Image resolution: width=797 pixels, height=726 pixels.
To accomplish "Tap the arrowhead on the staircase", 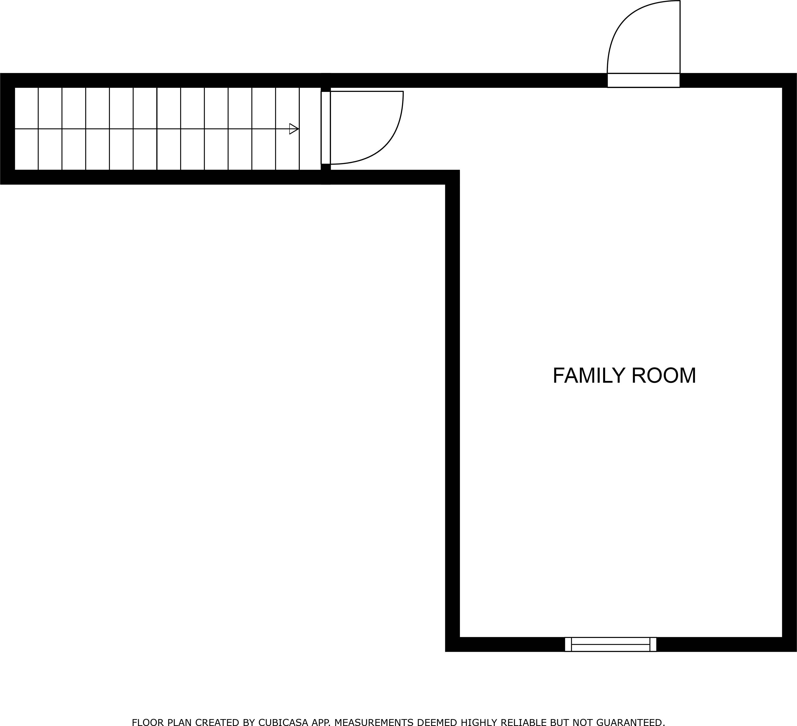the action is (x=294, y=129).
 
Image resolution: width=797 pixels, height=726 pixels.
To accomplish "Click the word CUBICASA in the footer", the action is (x=283, y=712).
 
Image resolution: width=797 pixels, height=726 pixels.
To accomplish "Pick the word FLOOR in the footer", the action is (x=147, y=712).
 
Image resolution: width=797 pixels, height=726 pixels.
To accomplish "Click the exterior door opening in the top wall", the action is (x=644, y=80).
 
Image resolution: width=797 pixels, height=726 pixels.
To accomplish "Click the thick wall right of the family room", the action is (x=790, y=362).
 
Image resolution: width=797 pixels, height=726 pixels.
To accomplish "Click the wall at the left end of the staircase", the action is (x=7, y=129).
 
